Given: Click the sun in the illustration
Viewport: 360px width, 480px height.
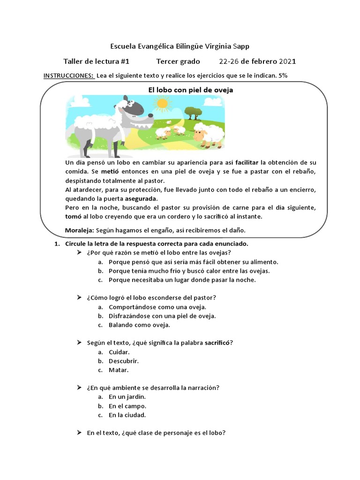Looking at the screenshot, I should pos(163,103).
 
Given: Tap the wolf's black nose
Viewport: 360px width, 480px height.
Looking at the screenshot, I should pos(150,114).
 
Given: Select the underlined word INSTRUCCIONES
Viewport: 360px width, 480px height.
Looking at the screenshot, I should pos(69,75).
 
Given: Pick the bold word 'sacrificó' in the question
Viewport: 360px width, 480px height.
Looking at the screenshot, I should pos(218,343).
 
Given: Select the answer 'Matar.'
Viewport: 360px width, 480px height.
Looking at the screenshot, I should pos(119,370).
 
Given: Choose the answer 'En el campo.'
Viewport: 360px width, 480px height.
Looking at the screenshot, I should pos(127,406).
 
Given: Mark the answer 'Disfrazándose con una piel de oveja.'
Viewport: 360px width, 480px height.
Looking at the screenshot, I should pos(162,316).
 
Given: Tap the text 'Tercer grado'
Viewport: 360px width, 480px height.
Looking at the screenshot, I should pos(178,61).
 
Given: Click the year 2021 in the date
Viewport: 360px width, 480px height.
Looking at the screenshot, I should pos(287,61).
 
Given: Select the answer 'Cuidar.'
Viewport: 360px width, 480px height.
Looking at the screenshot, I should pos(120,352).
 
